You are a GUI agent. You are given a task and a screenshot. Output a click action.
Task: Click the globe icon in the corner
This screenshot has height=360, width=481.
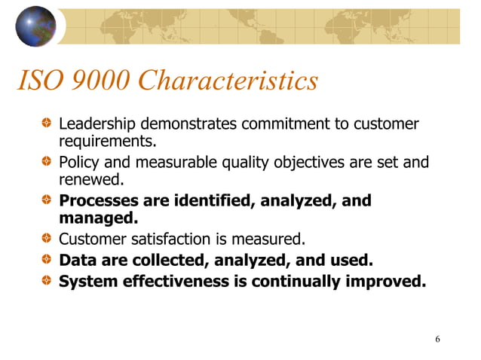[x=35, y=26]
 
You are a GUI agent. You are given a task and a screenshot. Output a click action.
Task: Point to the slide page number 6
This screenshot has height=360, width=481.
[x=438, y=339]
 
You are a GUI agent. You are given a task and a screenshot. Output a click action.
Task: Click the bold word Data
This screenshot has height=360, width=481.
[x=76, y=261]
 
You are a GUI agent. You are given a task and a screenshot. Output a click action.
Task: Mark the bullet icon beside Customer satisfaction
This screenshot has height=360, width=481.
[x=47, y=240]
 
